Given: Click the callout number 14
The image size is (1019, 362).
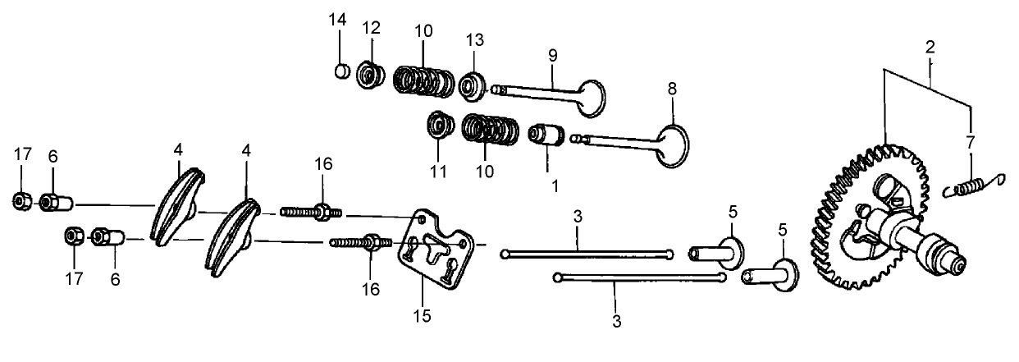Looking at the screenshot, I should coord(339,19).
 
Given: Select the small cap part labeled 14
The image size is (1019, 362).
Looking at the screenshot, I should coord(342,72).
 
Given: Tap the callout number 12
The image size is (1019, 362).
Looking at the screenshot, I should coord(372,27).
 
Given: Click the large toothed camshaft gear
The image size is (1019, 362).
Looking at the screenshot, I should coord(861,218).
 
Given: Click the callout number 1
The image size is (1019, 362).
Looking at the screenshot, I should coord(554,186).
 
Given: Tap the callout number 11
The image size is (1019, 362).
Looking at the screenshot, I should coord(437,173).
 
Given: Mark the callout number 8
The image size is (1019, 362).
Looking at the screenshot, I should coord(671,88).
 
